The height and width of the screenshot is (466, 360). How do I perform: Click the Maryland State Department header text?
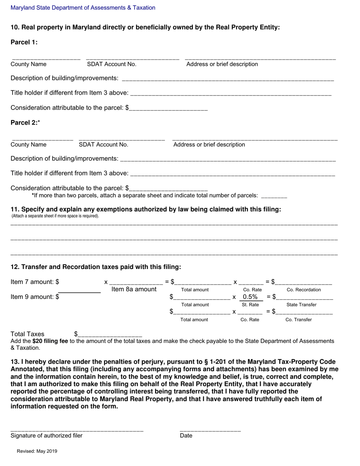(83, 8)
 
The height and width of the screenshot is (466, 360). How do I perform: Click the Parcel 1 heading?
(24, 42)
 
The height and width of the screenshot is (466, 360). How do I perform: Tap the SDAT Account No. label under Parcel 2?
(103, 145)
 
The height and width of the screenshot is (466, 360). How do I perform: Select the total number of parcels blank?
(274, 196)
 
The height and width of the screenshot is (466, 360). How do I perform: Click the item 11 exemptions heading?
(146, 209)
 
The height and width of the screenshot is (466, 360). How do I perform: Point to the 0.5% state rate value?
(250, 297)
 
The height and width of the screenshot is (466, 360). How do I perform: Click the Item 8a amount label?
(134, 289)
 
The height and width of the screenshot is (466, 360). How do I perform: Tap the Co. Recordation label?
(304, 290)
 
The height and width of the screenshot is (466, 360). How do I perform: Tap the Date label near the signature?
(186, 436)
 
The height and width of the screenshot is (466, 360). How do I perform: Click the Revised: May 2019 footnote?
(36, 451)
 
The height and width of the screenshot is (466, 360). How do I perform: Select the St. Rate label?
(250, 305)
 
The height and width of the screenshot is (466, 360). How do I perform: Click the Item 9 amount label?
(34, 297)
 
